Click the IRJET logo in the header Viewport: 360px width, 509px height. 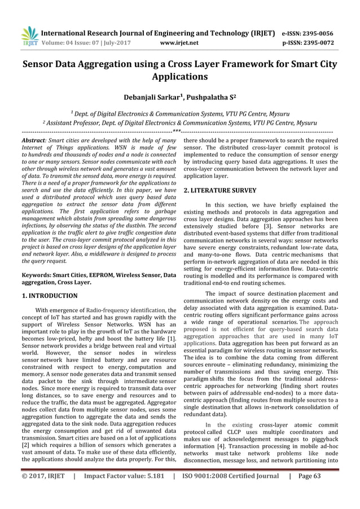[x=28, y=35]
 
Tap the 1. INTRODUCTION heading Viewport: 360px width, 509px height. [x=50, y=295]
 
